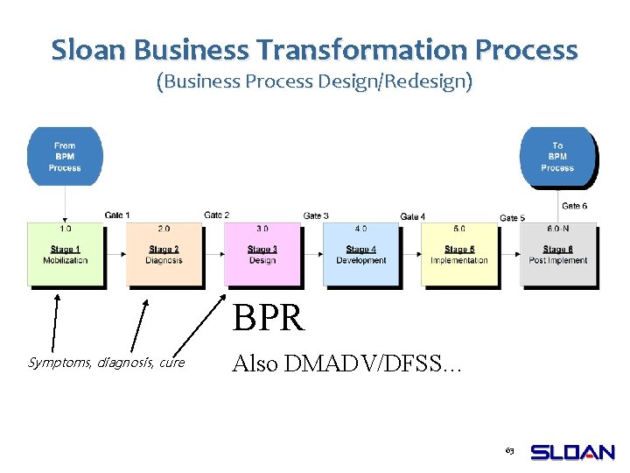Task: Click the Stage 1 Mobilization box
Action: click(65, 255)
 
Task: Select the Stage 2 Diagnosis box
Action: click(164, 255)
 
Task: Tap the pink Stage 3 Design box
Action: click(262, 255)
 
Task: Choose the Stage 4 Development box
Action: click(360, 255)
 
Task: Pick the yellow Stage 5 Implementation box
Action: click(459, 255)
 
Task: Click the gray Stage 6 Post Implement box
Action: click(557, 255)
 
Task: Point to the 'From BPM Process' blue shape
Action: click(65, 157)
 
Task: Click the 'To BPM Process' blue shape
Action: click(557, 157)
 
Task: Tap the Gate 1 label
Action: click(117, 215)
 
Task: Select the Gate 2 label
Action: click(216, 215)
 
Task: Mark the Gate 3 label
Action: click(316, 216)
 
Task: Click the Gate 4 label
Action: click(413, 216)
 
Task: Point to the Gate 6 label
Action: click(575, 206)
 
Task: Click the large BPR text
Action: click(269, 319)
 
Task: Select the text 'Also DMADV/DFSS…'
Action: click(344, 363)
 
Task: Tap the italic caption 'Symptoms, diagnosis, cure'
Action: click(107, 363)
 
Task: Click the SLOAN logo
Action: click(573, 452)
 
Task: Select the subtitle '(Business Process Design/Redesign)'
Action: click(314, 82)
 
